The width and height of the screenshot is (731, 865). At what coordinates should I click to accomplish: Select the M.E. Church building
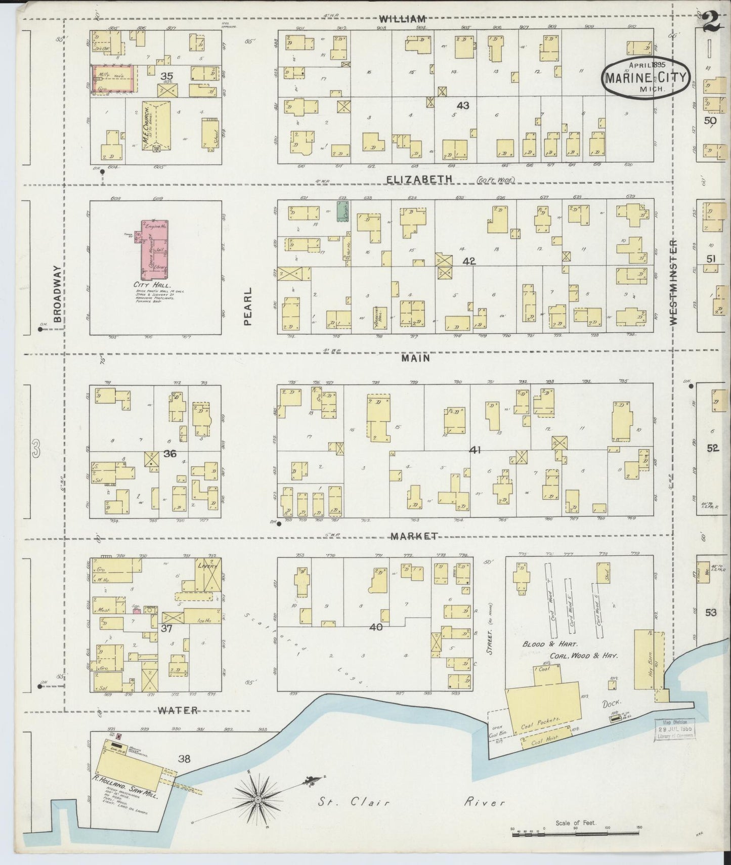click(156, 124)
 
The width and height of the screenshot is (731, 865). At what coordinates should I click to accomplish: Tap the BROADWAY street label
click(57, 294)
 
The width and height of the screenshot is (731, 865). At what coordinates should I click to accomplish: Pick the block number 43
click(462, 105)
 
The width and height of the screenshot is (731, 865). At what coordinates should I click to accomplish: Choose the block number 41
click(475, 449)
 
